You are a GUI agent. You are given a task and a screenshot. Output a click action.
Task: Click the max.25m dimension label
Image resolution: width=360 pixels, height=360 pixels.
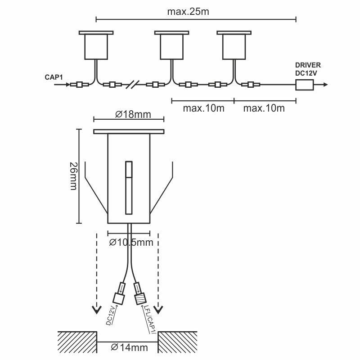pyautogui.click(x=188, y=12)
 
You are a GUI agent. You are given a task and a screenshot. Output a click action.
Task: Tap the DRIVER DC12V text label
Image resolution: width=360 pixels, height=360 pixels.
pyautogui.click(x=308, y=69)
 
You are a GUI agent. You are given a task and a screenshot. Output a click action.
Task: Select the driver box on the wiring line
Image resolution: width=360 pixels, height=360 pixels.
pyautogui.click(x=304, y=85)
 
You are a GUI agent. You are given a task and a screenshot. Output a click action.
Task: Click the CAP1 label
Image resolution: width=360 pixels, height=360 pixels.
pyautogui.click(x=54, y=77)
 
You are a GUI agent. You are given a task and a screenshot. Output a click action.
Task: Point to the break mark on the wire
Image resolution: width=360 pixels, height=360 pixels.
pyautogui.click(x=133, y=85)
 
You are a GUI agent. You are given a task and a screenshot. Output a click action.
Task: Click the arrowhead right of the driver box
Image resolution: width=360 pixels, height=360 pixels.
pyautogui.click(x=325, y=85)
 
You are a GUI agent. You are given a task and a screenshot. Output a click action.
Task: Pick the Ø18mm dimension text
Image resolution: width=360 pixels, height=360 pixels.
pyautogui.click(x=133, y=114)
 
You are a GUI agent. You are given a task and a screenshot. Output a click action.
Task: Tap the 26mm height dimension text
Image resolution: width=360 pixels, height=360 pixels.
pyautogui.click(x=73, y=176)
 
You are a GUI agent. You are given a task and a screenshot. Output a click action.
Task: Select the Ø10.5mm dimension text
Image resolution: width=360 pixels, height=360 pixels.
pyautogui.click(x=131, y=243)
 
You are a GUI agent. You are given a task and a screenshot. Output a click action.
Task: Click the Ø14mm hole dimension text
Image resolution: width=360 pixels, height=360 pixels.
pyautogui.click(x=129, y=347)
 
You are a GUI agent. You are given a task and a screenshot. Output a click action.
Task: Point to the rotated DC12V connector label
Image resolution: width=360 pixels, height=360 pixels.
pyautogui.click(x=112, y=316)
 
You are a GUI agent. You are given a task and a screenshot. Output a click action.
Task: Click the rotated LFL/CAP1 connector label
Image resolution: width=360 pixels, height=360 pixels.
pyautogui.click(x=150, y=319)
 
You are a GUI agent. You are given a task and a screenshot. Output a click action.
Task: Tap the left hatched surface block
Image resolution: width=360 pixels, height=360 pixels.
pyautogui.click(x=77, y=342)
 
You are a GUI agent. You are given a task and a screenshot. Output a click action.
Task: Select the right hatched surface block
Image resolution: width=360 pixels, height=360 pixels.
pyautogui.click(x=178, y=342)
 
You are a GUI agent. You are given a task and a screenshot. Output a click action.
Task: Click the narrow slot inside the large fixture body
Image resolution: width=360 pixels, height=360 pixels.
pyautogui.click(x=129, y=188)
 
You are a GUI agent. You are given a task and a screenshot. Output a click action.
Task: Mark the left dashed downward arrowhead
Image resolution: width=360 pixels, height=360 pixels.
pyautogui.click(x=97, y=310)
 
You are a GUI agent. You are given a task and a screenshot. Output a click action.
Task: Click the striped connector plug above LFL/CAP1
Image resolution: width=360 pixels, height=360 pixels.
pyautogui.click(x=140, y=299)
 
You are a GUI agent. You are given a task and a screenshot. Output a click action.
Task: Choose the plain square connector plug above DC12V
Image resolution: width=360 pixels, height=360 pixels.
pyautogui.click(x=119, y=299)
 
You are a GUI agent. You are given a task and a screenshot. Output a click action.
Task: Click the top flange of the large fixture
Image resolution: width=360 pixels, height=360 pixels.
pyautogui.click(x=129, y=131)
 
